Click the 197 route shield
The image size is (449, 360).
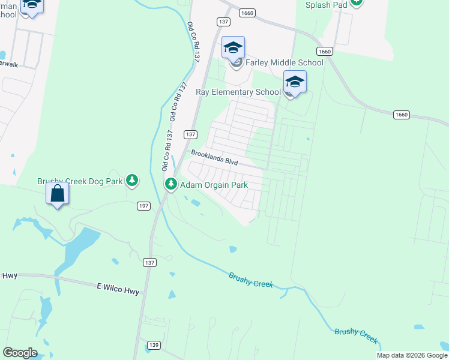click(x=143, y=206)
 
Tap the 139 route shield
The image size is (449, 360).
click(x=154, y=345)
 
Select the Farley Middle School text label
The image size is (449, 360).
click(x=285, y=63)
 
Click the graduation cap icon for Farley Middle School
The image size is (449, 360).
click(x=233, y=47)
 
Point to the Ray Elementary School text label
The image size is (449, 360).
click(x=238, y=92)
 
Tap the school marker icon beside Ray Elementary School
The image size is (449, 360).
click(x=295, y=82)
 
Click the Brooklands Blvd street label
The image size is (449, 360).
click(x=215, y=158)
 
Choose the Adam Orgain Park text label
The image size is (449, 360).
click(x=214, y=185)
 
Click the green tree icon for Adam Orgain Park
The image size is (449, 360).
click(x=171, y=184)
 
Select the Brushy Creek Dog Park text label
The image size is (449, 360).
click(x=80, y=181)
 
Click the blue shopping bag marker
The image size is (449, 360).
click(x=58, y=194)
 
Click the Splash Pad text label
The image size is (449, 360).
click(x=327, y=5)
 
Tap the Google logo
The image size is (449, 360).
click(x=20, y=353)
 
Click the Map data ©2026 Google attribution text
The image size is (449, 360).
click(x=412, y=355)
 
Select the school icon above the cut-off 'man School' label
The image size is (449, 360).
click(x=32, y=6)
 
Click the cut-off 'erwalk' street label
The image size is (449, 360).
click(x=9, y=64)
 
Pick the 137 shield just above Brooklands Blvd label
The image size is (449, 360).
click(x=190, y=134)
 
